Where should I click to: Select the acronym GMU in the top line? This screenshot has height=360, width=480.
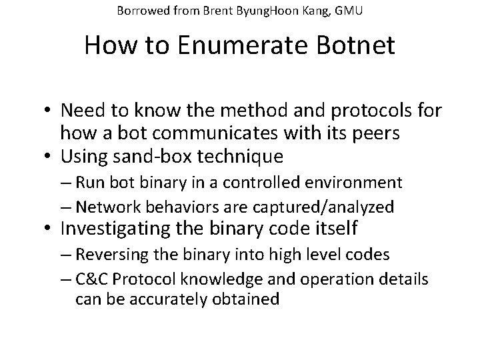[349, 11]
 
